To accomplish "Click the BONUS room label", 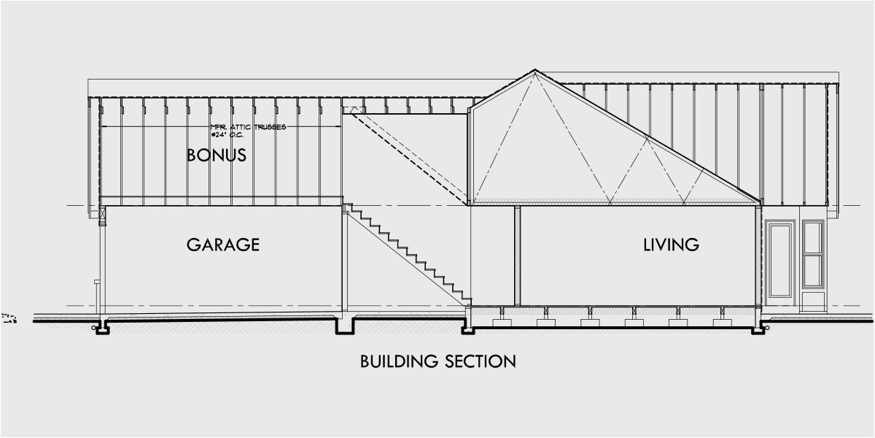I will tap(216, 155).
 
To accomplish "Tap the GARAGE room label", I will tap(222, 245).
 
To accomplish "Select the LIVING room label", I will tap(671, 245).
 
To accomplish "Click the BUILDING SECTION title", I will tap(437, 361).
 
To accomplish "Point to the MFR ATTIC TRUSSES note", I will tap(248, 127).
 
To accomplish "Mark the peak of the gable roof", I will tap(535, 71).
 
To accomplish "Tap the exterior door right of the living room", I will tap(779, 260).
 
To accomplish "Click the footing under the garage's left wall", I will tap(103, 328).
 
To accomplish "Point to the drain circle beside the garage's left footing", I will tap(93, 328).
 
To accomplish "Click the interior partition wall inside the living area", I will tap(517, 255).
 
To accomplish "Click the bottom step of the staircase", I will tap(465, 300).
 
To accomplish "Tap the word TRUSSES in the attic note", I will tap(270, 127).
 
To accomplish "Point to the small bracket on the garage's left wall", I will tap(96, 281).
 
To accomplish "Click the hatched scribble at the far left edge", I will tap(9, 318).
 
